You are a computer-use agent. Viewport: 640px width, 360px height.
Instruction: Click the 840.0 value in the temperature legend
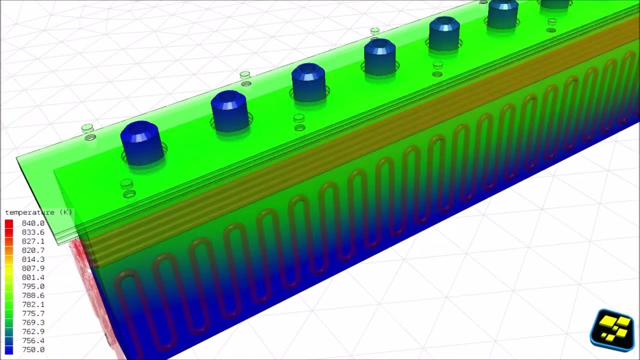33,223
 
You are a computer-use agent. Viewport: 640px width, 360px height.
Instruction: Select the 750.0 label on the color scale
33,349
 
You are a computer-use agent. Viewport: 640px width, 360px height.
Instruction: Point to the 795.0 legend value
33,286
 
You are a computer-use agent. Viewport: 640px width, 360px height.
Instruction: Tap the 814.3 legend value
33,259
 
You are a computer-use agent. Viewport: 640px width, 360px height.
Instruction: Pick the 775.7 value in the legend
33,313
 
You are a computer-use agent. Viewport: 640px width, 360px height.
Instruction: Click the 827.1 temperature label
33,241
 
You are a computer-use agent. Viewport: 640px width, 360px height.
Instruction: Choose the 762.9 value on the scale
33,331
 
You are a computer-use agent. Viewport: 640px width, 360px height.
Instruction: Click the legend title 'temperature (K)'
38,212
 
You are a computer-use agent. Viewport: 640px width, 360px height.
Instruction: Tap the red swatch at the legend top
9,223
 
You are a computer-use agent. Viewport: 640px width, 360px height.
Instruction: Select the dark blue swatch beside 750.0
9,349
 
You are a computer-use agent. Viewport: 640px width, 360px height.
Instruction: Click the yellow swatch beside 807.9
9,268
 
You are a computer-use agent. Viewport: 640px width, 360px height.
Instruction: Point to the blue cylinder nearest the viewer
142,143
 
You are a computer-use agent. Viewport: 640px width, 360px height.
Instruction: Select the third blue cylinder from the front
308,82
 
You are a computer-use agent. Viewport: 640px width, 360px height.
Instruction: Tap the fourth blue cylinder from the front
380,57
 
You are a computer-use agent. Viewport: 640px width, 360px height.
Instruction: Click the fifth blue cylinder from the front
444,33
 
